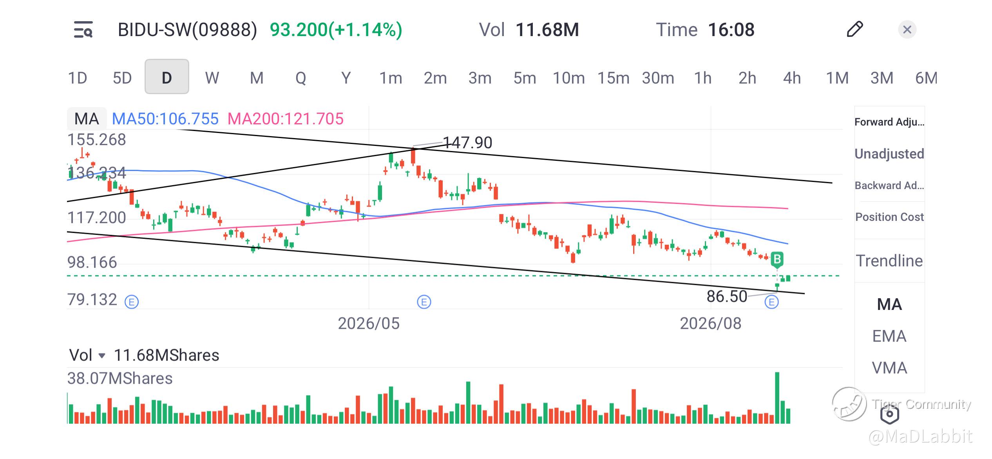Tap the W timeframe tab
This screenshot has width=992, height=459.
212,78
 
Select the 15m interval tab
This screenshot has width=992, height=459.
613,78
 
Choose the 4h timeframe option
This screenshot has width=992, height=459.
792,78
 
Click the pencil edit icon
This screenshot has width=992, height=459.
854,29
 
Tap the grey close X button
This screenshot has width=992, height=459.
907,29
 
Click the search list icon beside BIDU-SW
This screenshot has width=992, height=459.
83,29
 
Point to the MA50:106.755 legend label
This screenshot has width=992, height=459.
165,118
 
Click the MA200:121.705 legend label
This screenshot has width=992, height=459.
285,118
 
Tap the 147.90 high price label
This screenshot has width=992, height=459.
467,142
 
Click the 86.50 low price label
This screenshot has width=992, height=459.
727,296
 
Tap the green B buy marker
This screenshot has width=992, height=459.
777,259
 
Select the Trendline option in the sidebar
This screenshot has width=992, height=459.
889,260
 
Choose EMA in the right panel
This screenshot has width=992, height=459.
889,336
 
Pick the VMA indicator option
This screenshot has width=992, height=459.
889,368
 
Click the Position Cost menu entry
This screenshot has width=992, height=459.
889,217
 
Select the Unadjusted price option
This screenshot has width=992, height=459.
889,153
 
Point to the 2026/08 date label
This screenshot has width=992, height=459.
710,324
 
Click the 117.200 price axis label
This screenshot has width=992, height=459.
97,218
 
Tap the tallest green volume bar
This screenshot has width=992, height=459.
777,397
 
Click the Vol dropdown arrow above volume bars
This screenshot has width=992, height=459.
102,356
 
